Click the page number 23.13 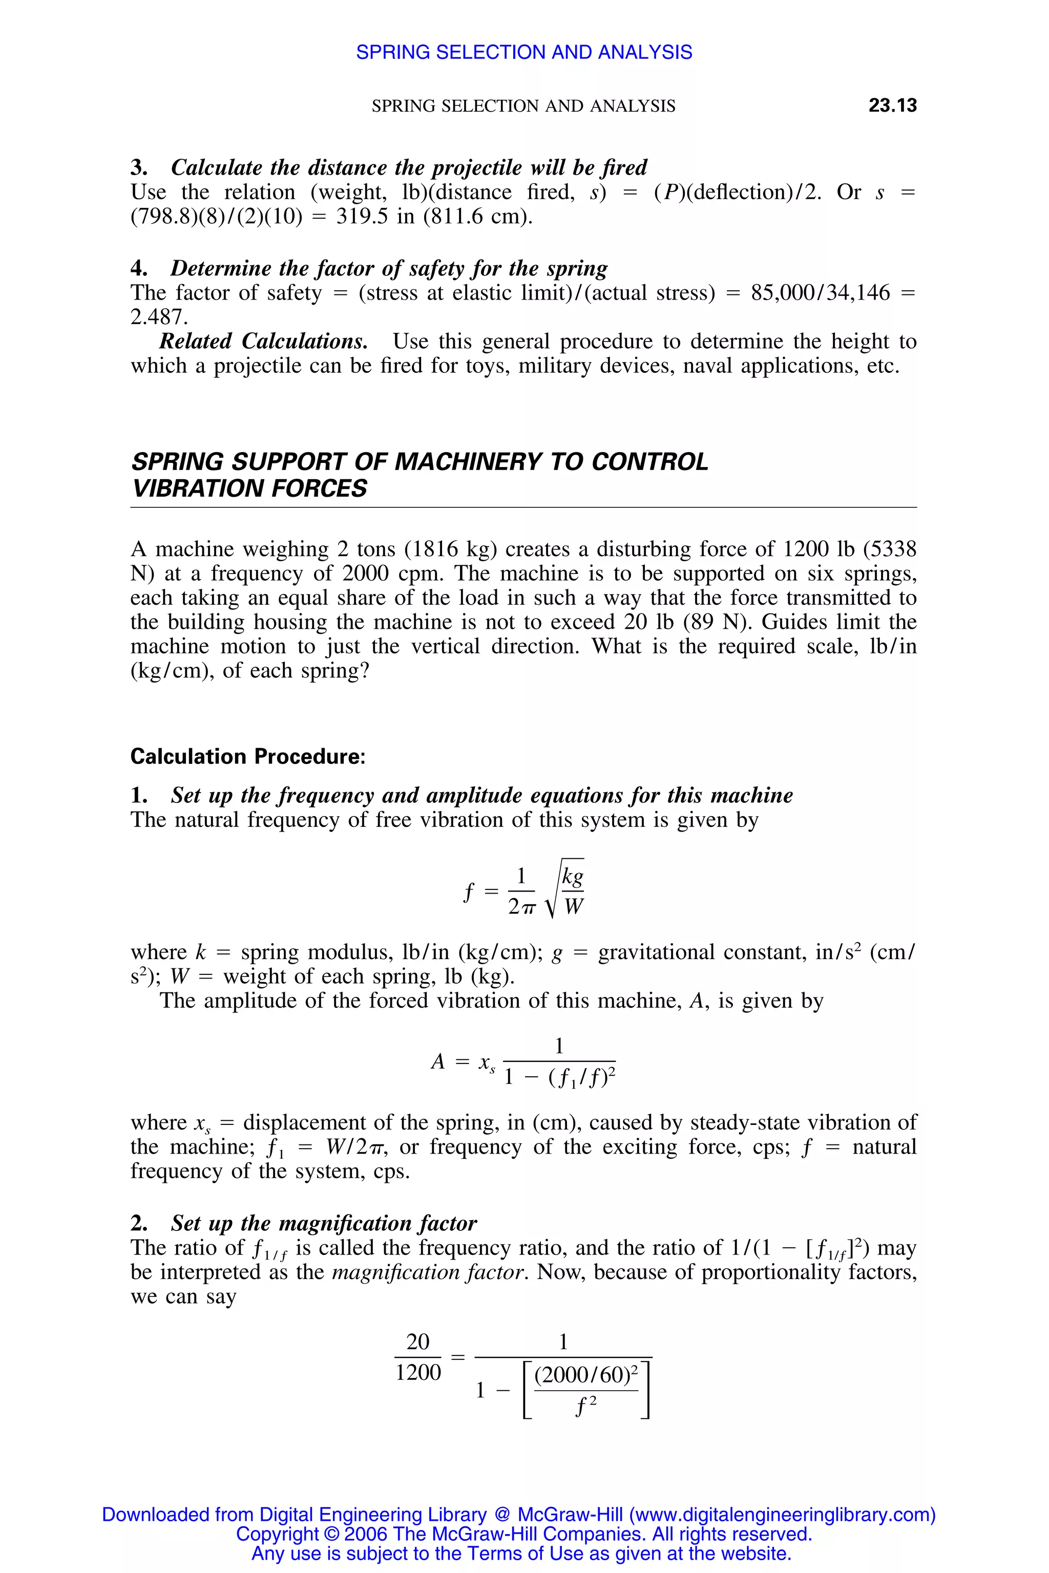click(892, 105)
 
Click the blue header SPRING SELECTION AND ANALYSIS click(524, 52)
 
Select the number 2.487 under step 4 click(159, 316)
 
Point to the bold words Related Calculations click(263, 341)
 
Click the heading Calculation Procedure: click(247, 756)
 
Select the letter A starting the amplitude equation click(437, 1061)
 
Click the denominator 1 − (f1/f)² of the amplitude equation click(559, 1077)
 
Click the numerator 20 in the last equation click(418, 1341)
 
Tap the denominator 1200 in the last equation click(418, 1372)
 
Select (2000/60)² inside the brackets click(586, 1374)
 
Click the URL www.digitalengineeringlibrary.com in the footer click(780, 1514)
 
